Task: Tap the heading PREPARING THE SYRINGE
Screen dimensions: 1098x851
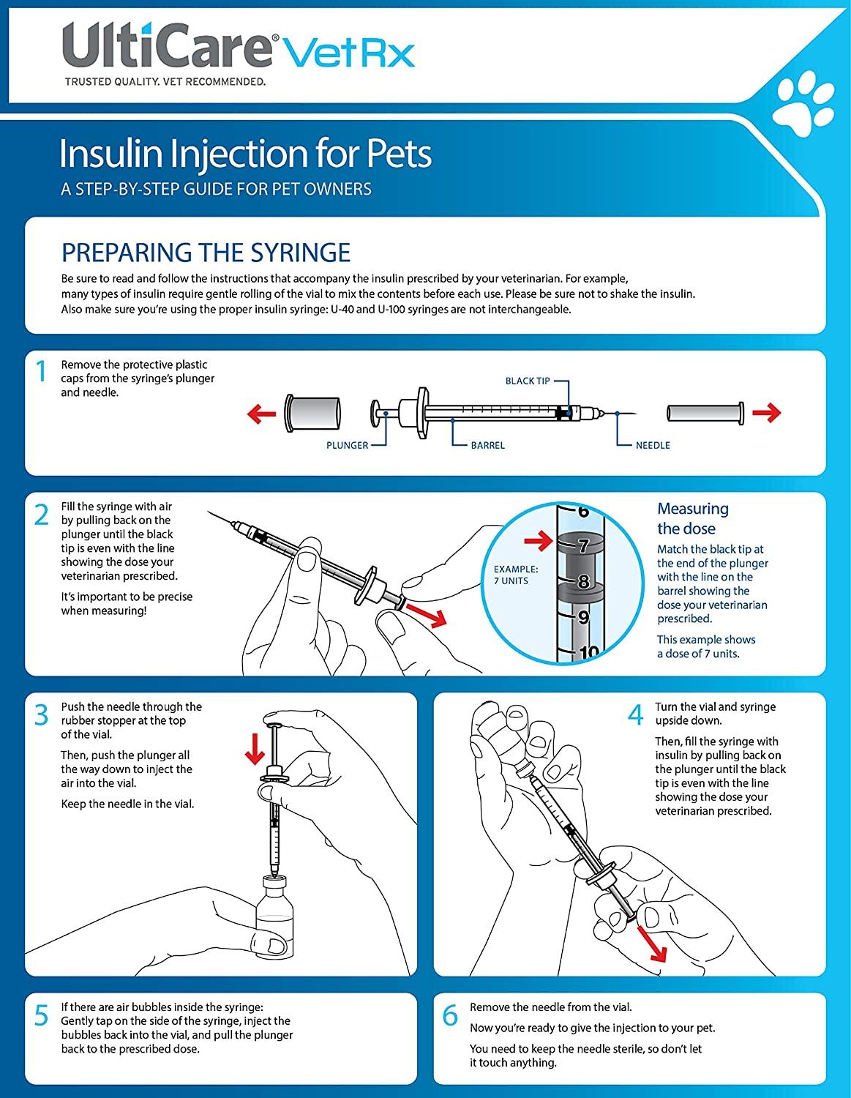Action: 206,253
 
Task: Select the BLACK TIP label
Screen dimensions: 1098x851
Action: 527,381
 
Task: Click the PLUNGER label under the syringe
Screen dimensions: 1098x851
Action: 347,445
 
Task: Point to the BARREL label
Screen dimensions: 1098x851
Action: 487,445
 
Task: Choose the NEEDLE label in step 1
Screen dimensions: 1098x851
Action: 653,445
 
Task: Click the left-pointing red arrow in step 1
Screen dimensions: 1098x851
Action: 261,414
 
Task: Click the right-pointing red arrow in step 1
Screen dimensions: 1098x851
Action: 766,413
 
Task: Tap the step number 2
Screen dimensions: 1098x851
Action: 42,515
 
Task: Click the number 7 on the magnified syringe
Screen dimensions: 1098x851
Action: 583,545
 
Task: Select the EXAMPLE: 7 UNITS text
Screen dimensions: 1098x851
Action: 516,575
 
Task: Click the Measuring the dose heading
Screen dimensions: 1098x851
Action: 692,518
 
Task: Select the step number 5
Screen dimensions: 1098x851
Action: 42,1016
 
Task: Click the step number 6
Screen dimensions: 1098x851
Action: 451,1016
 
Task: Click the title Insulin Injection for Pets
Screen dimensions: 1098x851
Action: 245,154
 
